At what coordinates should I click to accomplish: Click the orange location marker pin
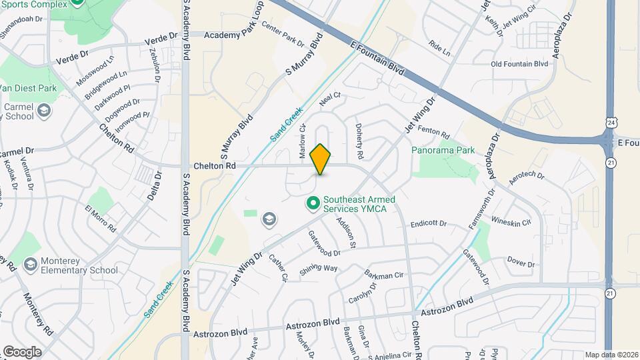(x=321, y=159)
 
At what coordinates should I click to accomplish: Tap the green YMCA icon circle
(x=312, y=202)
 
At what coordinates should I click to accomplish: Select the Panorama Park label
(x=443, y=150)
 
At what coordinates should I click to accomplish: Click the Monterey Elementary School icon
(x=30, y=265)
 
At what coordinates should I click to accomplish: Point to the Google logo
(x=22, y=351)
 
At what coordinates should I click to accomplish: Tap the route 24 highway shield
(x=611, y=123)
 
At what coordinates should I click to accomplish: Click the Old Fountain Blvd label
(x=519, y=64)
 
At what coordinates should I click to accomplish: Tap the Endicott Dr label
(x=427, y=224)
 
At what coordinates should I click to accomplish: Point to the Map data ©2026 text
(x=610, y=355)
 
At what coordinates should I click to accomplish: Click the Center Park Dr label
(x=283, y=34)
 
